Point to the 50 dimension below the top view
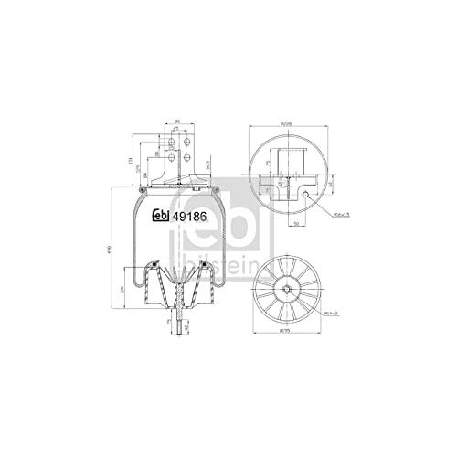298,222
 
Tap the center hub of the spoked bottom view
288,292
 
